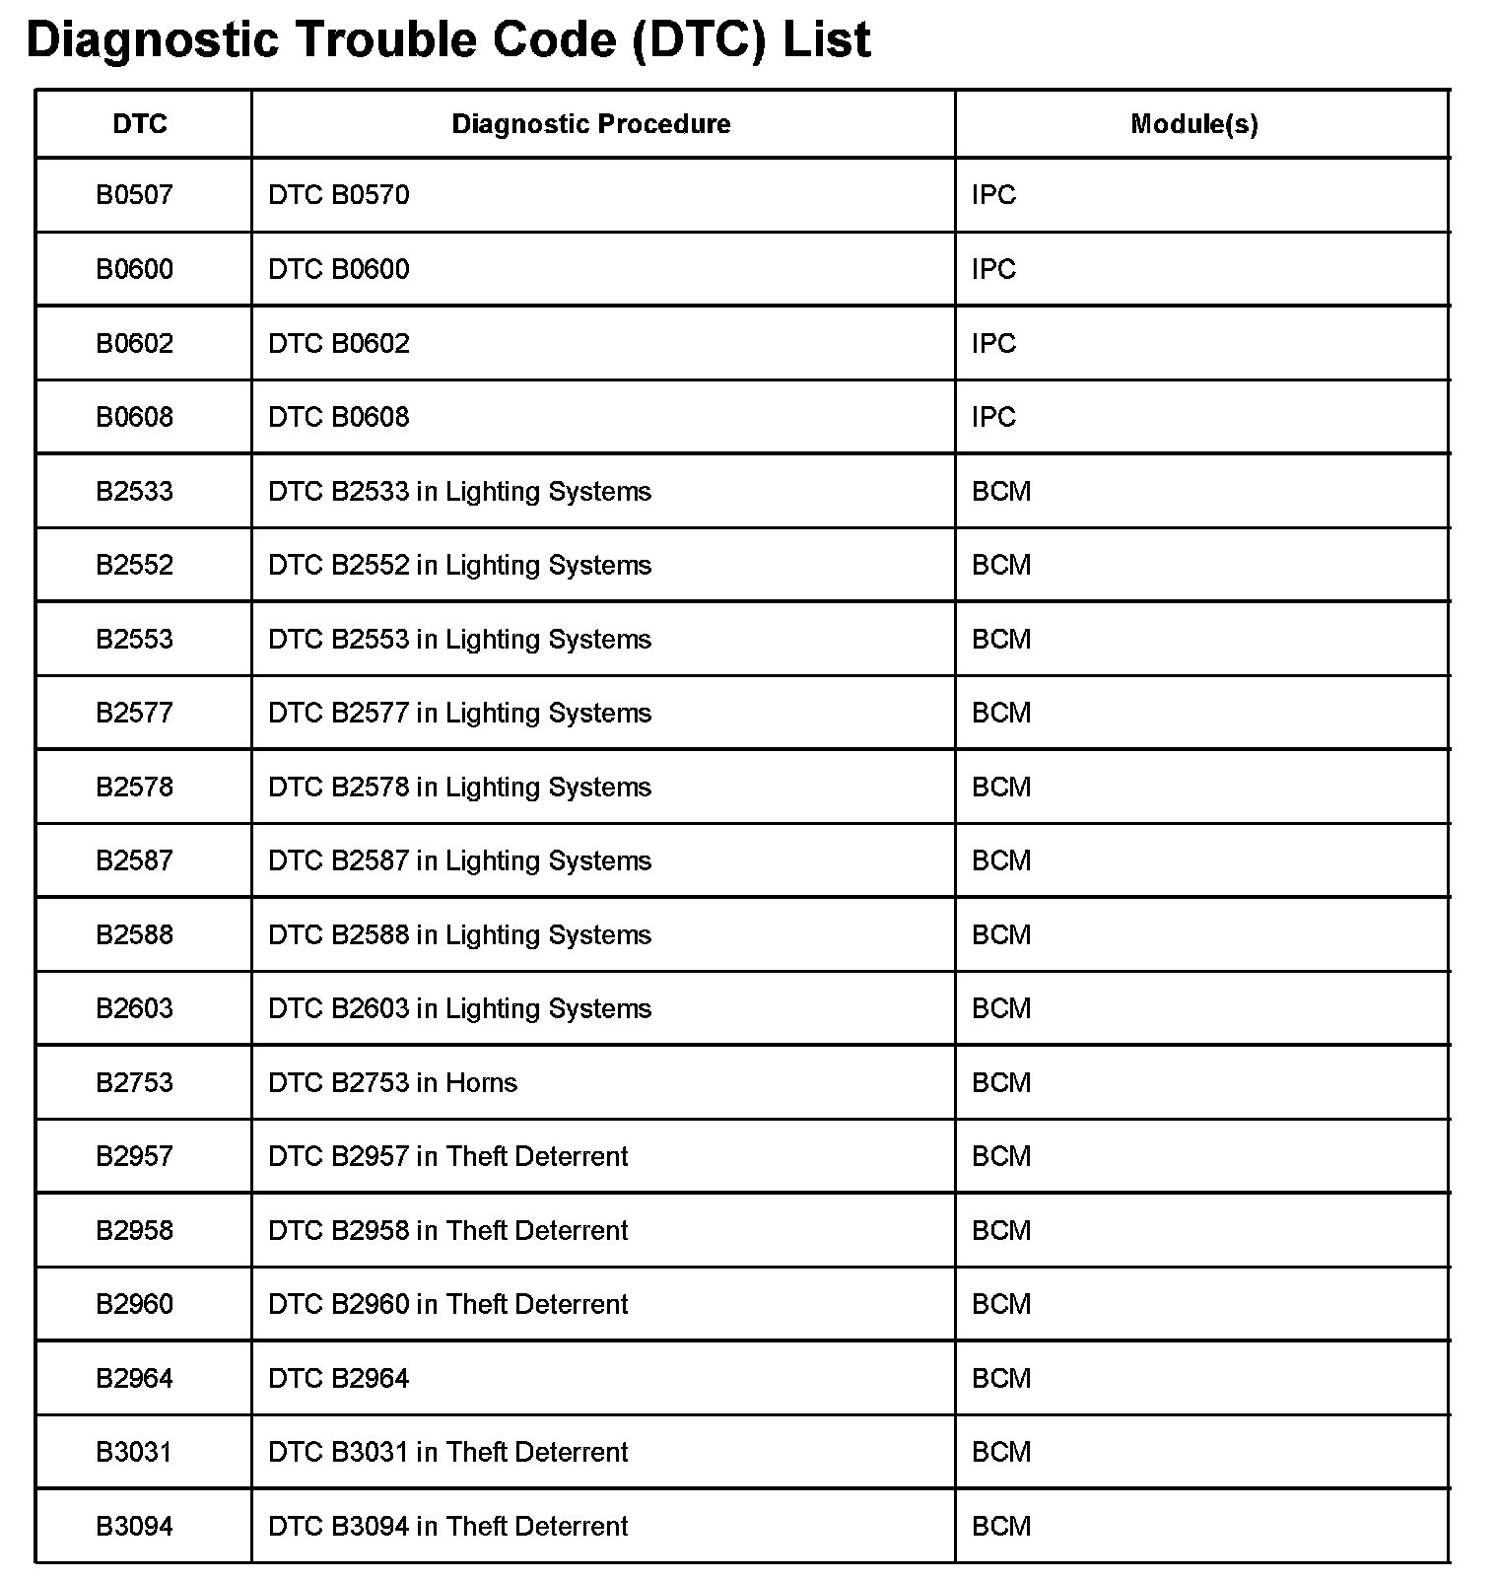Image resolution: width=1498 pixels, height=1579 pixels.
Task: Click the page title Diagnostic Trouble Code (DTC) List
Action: point(448,40)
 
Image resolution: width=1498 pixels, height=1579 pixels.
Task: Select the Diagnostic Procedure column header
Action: point(591,124)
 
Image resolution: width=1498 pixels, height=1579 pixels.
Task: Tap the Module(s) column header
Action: point(1193,124)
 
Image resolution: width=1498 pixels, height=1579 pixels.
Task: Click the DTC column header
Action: point(140,124)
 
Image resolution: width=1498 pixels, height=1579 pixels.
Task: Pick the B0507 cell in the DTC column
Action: point(134,195)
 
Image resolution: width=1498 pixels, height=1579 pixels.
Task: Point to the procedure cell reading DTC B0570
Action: point(339,195)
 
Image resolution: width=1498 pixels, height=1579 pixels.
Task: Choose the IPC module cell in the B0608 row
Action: point(993,417)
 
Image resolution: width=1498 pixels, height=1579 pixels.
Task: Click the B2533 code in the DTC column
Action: point(134,491)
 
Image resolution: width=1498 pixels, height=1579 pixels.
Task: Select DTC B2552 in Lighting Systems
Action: point(459,565)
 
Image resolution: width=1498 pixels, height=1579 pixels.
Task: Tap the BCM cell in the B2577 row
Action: point(1001,713)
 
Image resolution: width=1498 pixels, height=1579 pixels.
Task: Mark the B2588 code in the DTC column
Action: point(134,934)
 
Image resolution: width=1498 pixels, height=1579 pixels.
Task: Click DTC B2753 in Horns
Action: point(392,1082)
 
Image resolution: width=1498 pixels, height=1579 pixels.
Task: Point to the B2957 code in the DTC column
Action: point(134,1156)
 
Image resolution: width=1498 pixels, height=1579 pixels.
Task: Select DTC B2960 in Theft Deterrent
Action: point(447,1304)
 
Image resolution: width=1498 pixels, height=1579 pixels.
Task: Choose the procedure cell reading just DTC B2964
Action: point(339,1378)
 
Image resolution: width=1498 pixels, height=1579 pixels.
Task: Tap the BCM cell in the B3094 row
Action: point(1001,1526)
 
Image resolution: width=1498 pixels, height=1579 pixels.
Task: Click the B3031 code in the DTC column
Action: point(134,1452)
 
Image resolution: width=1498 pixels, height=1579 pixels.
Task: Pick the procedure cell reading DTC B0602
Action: point(339,343)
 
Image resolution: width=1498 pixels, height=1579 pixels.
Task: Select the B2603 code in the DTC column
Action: point(134,1008)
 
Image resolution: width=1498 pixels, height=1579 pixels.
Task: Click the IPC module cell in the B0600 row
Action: point(993,269)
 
